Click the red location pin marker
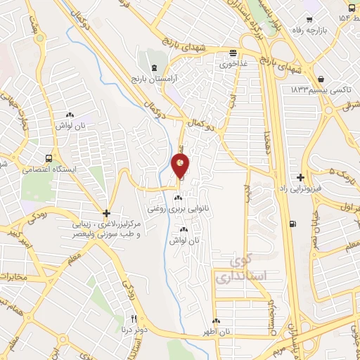(x=181, y=166)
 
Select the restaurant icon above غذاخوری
(x=232, y=53)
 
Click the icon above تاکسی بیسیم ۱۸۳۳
(x=321, y=79)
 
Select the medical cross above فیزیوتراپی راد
(x=301, y=177)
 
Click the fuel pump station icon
(x=292, y=224)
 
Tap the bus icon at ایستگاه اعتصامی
(x=48, y=159)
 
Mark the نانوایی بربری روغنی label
(x=175, y=209)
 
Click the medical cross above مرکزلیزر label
(x=106, y=212)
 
